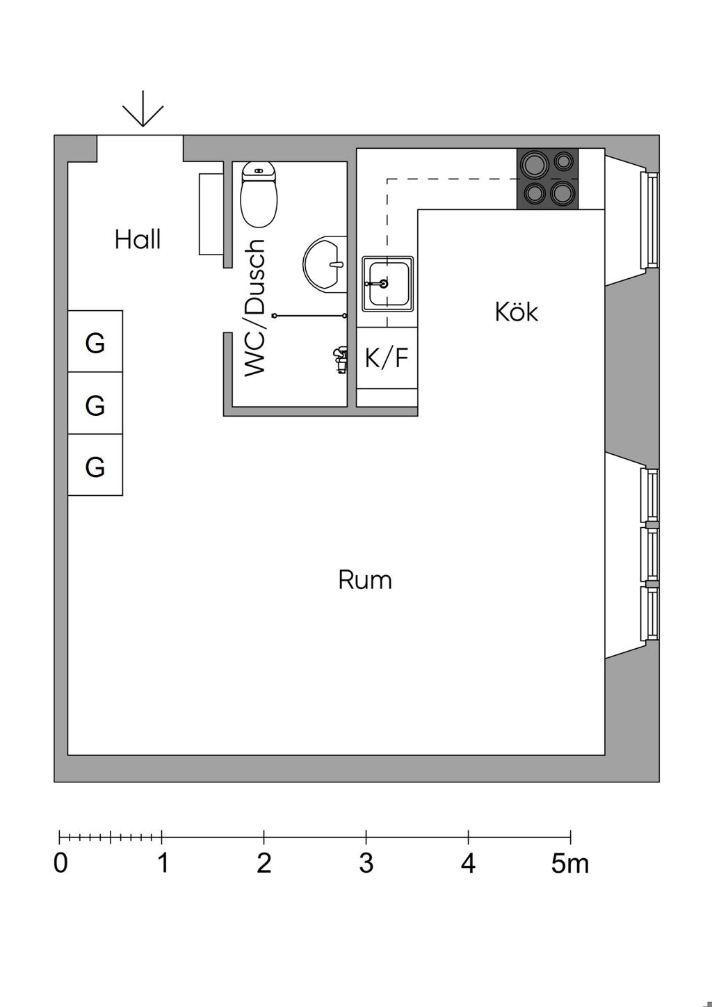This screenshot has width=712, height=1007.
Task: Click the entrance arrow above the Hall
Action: pos(143,108)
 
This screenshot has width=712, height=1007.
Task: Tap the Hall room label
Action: pos(138,239)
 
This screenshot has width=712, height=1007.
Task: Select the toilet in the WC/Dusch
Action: pos(259,195)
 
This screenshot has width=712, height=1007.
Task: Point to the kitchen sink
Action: pos(387,284)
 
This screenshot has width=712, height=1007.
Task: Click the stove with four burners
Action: pos(547,179)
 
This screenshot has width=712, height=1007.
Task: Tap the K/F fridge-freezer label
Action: pos(387,357)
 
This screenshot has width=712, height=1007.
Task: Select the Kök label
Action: pos(517,312)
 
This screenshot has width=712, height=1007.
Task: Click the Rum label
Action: pos(365,580)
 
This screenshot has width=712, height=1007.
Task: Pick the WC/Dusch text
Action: pos(255,308)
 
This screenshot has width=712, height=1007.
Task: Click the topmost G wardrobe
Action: pos(95,341)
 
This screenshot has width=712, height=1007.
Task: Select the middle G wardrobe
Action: pos(95,403)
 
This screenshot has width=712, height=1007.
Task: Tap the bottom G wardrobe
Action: pos(95,465)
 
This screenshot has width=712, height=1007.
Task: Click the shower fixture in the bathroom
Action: pos(340,360)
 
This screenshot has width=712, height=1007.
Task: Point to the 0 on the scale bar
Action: pos(60,863)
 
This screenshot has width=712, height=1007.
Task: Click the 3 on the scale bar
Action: pos(366,863)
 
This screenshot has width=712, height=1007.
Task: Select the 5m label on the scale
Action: pos(570,863)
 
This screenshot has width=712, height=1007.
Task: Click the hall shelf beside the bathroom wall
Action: pos(211,214)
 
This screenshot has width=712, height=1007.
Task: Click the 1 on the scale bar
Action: pos(163,863)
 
